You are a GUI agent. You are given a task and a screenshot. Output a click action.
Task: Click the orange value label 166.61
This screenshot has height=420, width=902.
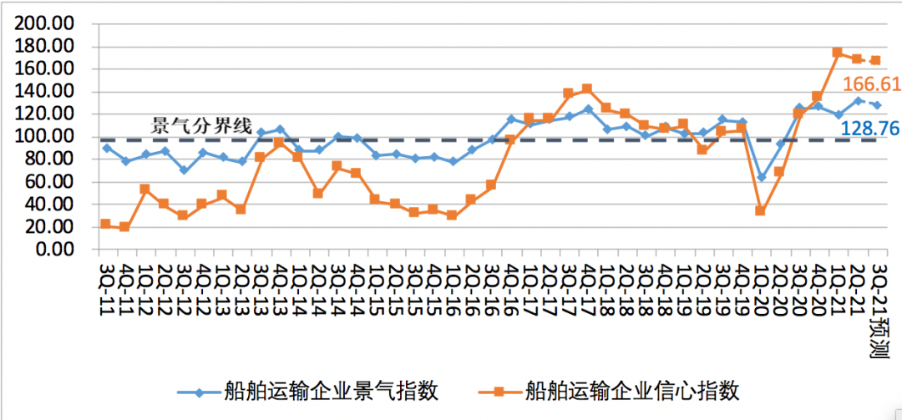870,84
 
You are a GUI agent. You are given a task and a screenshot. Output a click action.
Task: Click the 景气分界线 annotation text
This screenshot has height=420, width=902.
200,126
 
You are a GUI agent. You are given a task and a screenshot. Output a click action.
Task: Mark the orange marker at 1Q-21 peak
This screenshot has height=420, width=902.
837,53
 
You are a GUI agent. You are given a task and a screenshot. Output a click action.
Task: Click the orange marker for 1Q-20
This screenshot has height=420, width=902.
760,210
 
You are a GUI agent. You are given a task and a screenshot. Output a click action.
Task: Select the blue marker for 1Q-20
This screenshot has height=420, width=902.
761,177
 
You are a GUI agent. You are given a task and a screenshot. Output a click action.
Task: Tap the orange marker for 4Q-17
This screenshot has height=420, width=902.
587,89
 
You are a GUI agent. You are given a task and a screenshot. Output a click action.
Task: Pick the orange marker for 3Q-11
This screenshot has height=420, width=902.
105,224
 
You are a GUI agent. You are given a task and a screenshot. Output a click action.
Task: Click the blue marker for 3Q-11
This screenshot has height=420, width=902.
105,148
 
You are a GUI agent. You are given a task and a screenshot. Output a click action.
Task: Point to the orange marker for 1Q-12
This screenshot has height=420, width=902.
144,189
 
